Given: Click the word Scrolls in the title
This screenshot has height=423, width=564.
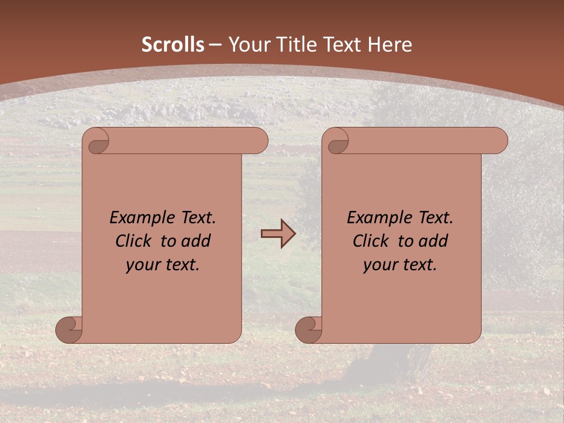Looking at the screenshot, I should (x=173, y=45).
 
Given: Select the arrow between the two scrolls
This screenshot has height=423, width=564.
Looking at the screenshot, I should (x=278, y=234).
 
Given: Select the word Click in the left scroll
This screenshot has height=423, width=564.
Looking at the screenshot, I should (x=135, y=241).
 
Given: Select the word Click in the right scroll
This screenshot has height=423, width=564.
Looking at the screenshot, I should (x=371, y=241).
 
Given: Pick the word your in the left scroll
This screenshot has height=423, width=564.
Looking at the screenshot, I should (x=143, y=265).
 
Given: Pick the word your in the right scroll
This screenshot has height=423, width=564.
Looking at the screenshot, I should (x=380, y=265).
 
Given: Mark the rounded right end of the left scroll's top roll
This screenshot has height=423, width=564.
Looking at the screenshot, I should (x=258, y=141).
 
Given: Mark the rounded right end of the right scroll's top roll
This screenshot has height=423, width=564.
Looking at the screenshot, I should (x=498, y=141).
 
